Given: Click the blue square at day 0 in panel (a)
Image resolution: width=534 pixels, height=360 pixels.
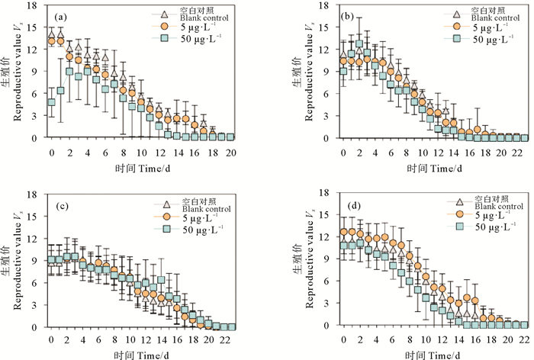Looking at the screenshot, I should click(51, 102).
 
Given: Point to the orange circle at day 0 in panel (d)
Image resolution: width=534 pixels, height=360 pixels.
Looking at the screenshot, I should click(343, 231).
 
